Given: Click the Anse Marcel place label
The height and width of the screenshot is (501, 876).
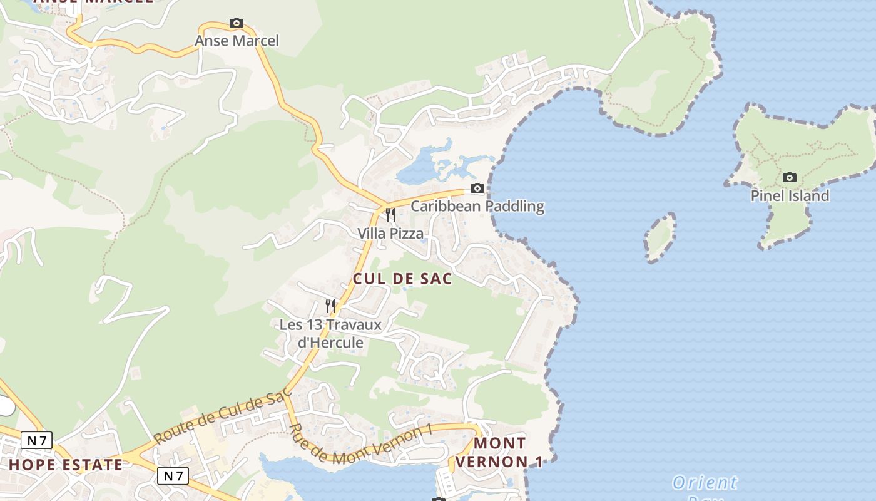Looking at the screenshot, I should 237,41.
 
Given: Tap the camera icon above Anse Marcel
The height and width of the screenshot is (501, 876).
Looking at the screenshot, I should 236,23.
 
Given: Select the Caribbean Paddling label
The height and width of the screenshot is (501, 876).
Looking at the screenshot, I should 477,206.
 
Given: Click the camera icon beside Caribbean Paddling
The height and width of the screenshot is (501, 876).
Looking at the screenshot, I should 477,188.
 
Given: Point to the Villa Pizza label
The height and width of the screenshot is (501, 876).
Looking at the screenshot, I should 390,234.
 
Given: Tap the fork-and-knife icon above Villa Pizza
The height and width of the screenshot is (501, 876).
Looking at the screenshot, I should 390,215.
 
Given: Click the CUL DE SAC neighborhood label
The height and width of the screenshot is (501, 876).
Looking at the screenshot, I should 402,279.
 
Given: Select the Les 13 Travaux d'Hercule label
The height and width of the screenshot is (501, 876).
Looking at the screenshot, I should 330,334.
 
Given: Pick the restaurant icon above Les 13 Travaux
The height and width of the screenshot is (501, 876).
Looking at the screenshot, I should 330,306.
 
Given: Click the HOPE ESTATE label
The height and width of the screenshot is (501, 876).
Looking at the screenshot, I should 66,465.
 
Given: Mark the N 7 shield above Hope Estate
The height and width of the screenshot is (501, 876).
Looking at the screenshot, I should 36,440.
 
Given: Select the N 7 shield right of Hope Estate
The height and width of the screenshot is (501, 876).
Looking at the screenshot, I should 172,476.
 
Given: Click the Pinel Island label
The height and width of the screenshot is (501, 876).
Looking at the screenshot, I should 790,196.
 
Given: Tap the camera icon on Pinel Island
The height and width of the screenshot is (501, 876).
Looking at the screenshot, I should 790,178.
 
